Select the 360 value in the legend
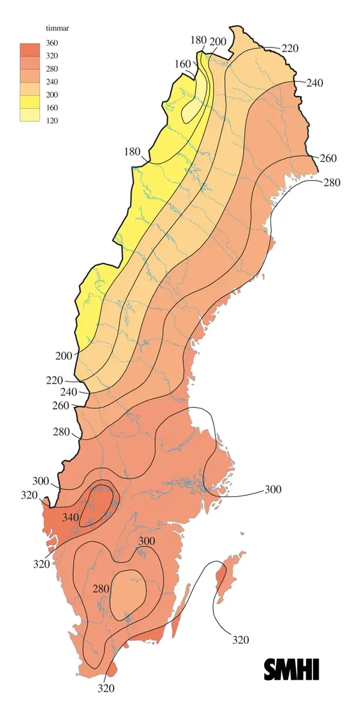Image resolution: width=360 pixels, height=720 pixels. coord(52,44)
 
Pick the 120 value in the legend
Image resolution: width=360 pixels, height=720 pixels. coord(52,120)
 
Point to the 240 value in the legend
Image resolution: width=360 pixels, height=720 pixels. coord(52,82)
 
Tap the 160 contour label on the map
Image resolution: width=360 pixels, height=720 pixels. coord(183,64)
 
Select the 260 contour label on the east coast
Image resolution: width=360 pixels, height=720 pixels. coord(328,158)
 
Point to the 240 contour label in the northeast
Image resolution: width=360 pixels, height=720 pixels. coord(314,83)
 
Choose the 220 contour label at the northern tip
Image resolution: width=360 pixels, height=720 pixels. coord(290,48)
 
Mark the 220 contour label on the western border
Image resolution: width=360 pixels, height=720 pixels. coord(54,380)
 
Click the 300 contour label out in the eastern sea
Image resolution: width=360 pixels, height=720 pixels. coord(272,490)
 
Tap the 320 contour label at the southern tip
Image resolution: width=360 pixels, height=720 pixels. coord(106,689)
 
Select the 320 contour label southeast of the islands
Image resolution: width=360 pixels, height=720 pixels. coord(240,640)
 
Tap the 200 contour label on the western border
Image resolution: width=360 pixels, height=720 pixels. coord(64,355)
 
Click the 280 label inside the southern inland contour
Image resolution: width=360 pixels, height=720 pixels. coord(101,589)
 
